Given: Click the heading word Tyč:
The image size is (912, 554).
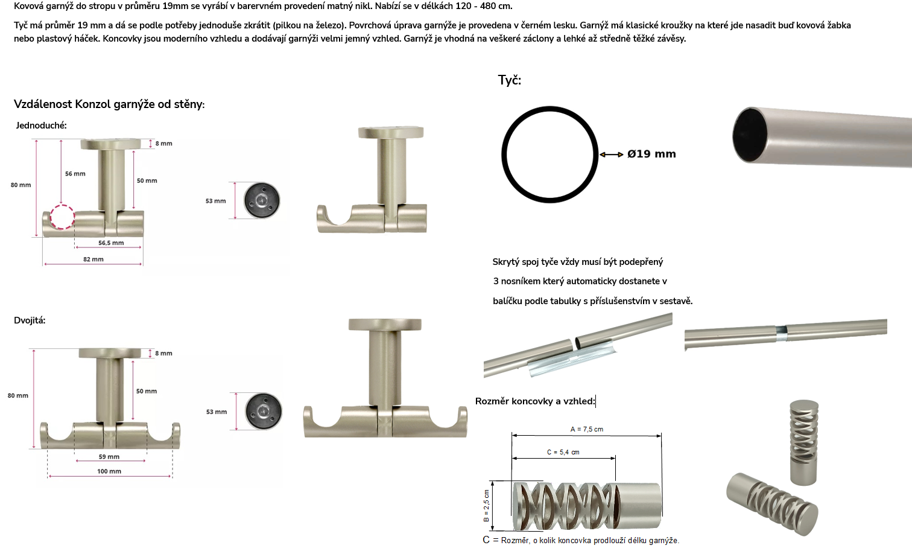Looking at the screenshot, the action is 509,80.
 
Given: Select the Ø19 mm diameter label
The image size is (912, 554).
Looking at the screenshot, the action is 651,154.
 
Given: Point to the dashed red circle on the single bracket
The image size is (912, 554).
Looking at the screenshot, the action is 62,217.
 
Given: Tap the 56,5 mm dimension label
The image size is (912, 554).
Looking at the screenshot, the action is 111,243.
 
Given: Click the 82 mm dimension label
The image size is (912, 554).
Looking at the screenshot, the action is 93,259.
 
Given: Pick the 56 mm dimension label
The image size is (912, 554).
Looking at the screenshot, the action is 75,174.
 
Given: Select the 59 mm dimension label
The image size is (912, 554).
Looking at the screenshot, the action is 109,457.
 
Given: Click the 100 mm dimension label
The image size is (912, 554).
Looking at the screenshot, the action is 109,471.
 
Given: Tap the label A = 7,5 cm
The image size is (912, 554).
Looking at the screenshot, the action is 587,429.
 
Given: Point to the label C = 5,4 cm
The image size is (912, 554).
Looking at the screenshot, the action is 563,452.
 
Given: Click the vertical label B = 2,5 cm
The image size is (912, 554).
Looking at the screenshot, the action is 487,506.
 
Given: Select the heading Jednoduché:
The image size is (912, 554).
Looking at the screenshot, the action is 41,126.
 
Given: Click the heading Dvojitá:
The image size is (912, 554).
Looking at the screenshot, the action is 30,320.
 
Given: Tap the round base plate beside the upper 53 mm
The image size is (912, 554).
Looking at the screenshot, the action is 262,200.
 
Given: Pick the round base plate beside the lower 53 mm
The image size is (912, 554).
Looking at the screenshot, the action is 264,412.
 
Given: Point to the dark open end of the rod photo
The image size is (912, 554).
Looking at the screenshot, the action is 750,135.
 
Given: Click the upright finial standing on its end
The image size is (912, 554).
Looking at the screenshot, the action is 804,442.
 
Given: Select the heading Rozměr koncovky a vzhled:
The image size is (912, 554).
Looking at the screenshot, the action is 535,401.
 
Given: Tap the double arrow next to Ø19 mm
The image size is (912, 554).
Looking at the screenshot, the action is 612,154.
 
